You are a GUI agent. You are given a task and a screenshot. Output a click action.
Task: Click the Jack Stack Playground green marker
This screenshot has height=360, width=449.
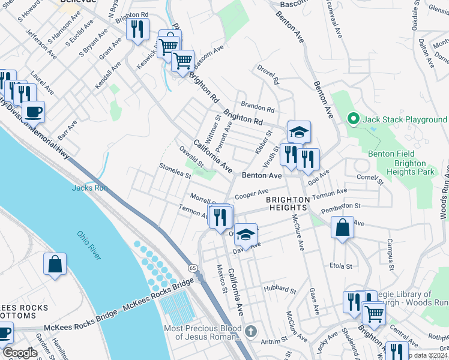(353, 119)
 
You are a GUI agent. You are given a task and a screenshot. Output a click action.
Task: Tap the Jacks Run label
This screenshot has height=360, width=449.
(89, 188)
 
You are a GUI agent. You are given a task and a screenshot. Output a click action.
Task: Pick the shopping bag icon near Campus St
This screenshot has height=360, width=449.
(342, 228)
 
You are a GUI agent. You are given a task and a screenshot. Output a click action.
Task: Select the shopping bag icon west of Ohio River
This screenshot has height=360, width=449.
(55, 264)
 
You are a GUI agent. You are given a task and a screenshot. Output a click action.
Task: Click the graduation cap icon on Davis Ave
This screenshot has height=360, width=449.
(245, 235)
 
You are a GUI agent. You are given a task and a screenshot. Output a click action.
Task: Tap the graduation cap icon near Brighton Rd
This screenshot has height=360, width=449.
(299, 131)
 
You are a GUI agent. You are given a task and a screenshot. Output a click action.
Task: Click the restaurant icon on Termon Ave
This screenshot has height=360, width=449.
(221, 216)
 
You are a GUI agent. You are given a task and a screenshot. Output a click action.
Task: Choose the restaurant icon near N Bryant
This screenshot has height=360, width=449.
(137, 29)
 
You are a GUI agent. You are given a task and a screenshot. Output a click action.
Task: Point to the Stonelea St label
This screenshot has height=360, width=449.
(175, 171)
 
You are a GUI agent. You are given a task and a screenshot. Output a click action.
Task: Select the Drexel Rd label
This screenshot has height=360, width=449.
(268, 76)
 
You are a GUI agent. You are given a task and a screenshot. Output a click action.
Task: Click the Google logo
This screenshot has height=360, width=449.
(20, 353)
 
